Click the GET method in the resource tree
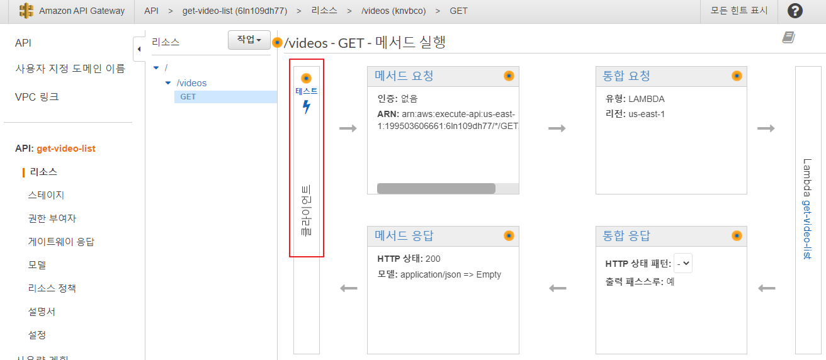pos(188,97)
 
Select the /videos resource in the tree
pos(191,83)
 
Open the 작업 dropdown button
pos(249,40)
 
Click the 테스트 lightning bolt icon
pos(307,107)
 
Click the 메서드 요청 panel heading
pos(404,76)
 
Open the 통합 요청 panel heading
pos(626,76)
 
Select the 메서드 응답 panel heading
pos(404,236)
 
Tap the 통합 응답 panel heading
pos(626,236)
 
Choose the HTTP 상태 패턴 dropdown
pos(682,264)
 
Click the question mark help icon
pos(795,11)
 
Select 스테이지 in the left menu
pos(46,195)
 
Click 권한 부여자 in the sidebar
pos(52,218)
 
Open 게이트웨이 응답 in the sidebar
pos(61,242)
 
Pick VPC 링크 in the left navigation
pos(37,97)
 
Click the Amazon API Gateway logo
pos(26,11)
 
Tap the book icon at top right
pos(789,38)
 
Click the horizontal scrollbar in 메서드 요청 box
pos(436,188)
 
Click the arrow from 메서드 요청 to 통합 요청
pos(557,128)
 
